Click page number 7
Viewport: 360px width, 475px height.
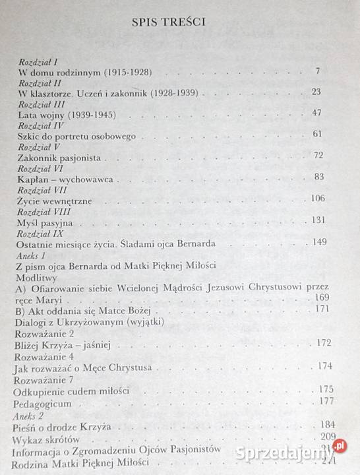tap(317, 71)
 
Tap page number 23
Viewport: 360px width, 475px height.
tap(316, 92)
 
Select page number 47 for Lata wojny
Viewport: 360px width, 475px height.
tap(316, 113)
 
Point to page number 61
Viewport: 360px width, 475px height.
tap(316, 135)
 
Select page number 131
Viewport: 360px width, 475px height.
tap(318, 220)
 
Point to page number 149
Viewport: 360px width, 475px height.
tap(319, 243)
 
